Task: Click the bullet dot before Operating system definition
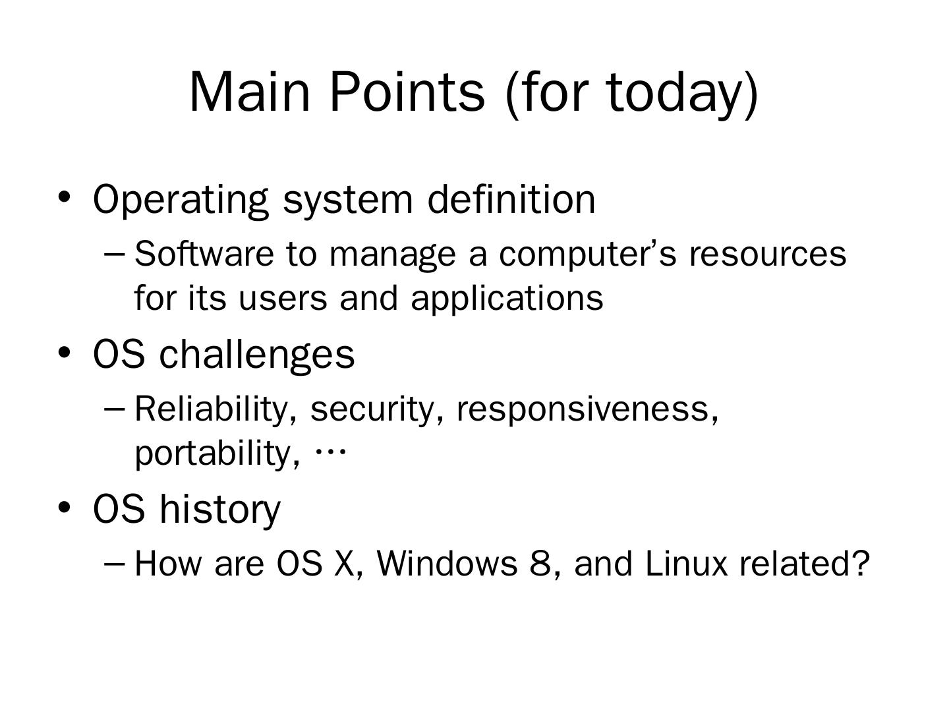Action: coord(64,197)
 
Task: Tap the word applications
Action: coord(507,299)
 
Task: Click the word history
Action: coord(220,509)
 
